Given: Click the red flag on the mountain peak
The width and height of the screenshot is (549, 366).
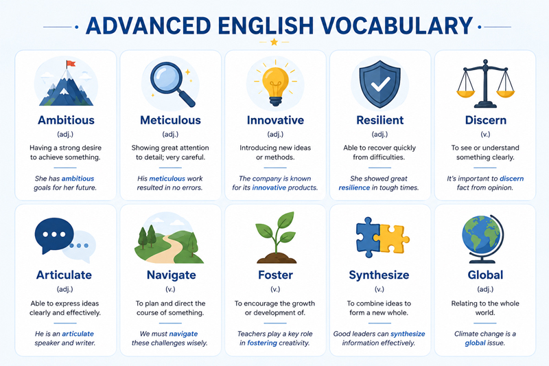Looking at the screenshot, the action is pos(71,63).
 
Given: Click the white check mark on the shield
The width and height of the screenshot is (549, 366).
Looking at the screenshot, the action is pos(381,84).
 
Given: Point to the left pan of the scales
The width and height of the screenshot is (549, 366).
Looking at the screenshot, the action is pos(466,93).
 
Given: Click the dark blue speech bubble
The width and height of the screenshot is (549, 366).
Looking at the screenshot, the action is pos(54,235).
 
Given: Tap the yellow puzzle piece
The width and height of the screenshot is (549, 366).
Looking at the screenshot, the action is pos(394,239).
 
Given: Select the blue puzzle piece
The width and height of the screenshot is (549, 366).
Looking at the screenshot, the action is pos(368,237).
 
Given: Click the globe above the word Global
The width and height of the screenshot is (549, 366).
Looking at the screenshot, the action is pos(482,239).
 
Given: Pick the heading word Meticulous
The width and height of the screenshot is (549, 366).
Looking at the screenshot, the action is pos(170,120).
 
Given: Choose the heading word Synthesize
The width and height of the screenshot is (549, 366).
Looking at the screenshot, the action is pos(379,275).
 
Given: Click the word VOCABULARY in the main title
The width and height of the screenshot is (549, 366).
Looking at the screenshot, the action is pos(396,25).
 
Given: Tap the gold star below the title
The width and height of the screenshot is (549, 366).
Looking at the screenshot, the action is pos(274,42).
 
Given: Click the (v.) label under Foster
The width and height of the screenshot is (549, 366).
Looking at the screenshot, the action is pos(275,289).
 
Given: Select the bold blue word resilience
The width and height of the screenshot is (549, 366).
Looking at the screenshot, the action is pos(354,187).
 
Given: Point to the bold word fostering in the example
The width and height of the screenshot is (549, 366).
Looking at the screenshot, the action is pos(262,343).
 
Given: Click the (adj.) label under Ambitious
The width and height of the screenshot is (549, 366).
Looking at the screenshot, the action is pos(65,134).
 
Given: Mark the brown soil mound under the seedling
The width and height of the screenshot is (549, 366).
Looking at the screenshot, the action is pos(277,258).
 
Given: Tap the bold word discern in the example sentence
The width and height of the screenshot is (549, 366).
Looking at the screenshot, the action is pos(511,179).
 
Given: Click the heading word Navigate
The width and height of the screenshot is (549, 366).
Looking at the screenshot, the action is pos(171,275).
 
